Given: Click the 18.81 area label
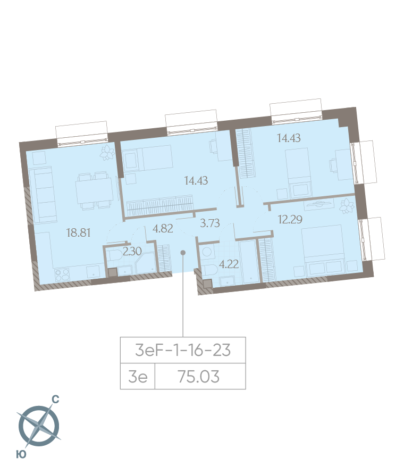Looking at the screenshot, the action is [79, 233].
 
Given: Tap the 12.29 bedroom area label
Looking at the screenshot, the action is [290, 219].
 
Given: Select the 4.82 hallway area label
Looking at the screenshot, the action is [163, 229].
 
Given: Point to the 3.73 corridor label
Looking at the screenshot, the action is [210, 223].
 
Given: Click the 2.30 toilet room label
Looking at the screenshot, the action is [132, 251].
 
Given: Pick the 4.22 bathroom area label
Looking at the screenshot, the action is [229, 264].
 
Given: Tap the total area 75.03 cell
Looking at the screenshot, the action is [199, 377].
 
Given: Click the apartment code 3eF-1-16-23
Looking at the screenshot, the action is [183, 350].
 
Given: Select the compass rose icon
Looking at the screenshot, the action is [39, 426].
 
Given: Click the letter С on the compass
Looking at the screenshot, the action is [56, 400].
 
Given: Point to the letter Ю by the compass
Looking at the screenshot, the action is [21, 454].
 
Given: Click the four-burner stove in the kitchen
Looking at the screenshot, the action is [62, 275].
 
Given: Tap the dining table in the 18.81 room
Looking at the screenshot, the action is [94, 190].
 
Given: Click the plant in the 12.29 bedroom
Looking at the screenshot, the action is [346, 206].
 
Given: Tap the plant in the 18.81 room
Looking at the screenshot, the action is [107, 152].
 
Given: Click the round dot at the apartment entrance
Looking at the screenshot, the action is [183, 252].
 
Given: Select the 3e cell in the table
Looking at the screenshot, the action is [138, 377].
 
